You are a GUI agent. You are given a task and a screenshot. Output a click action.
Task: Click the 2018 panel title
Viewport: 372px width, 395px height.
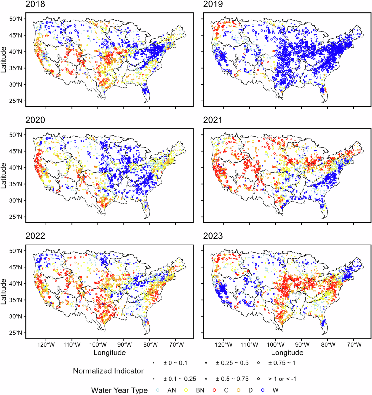pyautogui.click(x=35, y=4)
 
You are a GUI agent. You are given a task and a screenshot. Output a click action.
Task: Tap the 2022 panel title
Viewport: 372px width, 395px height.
pyautogui.click(x=35, y=236)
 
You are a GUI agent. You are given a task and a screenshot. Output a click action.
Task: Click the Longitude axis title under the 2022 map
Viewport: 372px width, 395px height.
pyautogui.click(x=109, y=352)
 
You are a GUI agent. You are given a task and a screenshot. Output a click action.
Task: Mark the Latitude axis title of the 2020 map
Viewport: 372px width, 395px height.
pyautogui.click(x=4, y=176)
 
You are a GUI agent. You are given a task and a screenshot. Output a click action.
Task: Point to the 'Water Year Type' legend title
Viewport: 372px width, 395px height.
pyautogui.click(x=119, y=390)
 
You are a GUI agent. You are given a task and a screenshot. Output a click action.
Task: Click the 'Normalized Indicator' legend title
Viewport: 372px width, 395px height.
pyautogui.click(x=108, y=371)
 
